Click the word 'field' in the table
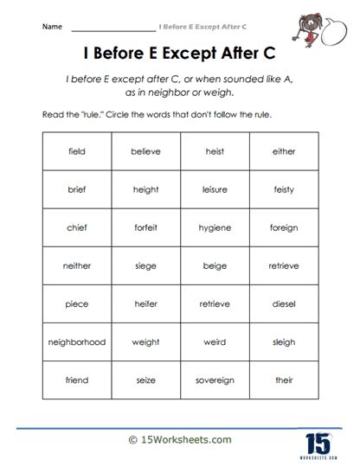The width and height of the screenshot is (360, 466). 76,151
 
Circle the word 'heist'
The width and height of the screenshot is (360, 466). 215,151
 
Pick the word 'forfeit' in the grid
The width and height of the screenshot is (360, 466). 145,227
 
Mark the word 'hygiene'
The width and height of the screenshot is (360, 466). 215,227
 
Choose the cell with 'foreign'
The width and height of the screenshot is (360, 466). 283,227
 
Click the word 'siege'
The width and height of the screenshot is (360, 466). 145,265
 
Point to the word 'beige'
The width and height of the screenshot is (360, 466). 215,265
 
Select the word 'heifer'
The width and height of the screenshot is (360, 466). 145,303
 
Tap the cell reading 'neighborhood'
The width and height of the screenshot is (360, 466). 76,342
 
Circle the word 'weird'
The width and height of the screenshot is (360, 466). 215,342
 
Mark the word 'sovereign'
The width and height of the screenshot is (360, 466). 215,380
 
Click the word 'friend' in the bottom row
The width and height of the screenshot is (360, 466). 76,380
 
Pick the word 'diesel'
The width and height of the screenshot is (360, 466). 283,303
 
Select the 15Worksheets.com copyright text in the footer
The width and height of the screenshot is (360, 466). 180,439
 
